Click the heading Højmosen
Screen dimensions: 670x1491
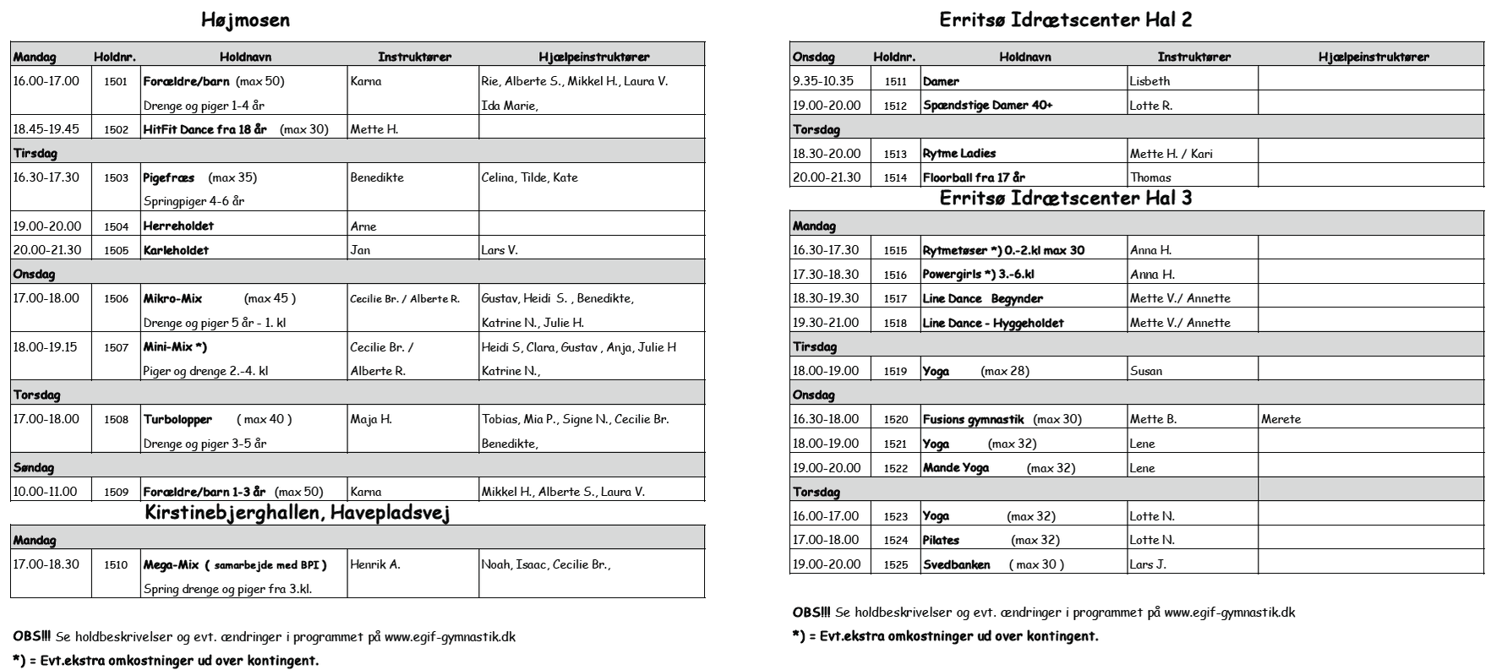(246, 20)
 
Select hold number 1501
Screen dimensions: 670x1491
(116, 82)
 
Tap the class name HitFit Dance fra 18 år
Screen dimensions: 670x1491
(205, 130)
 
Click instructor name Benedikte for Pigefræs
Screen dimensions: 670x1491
(377, 178)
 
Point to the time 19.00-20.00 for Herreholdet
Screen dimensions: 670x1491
(47, 226)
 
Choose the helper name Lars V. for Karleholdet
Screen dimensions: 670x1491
(500, 251)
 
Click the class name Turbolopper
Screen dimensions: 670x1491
(177, 420)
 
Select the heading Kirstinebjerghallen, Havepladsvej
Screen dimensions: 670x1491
(297, 513)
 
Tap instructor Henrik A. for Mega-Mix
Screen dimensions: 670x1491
(375, 565)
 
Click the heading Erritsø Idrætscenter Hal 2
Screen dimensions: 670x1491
(1066, 20)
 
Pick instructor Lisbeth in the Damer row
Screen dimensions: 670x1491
(1150, 82)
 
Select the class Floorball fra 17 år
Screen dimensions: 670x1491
(974, 178)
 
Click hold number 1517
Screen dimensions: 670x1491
(895, 299)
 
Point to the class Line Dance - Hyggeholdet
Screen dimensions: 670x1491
(993, 324)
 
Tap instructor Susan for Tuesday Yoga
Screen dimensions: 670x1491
(1146, 372)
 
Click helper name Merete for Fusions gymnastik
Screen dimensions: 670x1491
(1281, 420)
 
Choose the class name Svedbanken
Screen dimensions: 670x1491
(956, 565)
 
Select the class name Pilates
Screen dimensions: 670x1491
(941, 541)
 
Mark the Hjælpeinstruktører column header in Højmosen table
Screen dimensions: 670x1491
(593, 57)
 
